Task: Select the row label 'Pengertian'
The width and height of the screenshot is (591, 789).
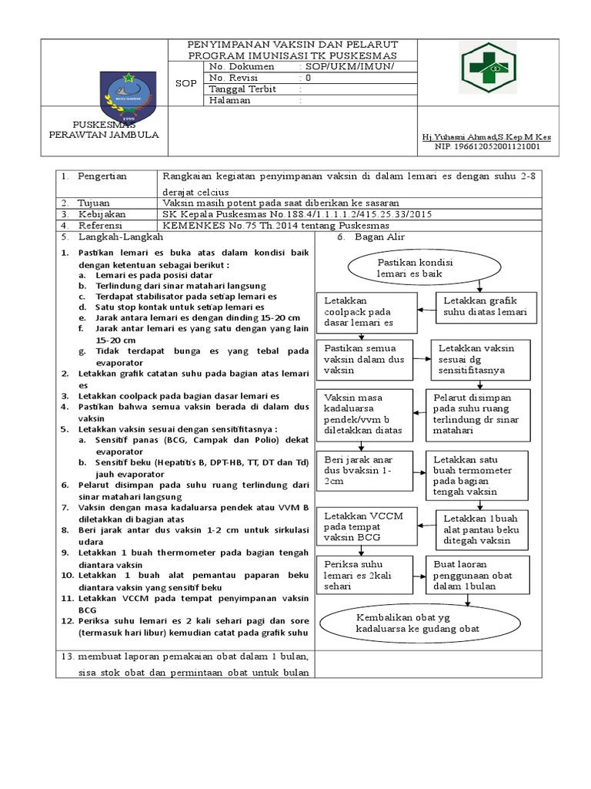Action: (102, 176)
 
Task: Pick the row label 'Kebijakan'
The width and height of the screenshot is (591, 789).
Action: (100, 213)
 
